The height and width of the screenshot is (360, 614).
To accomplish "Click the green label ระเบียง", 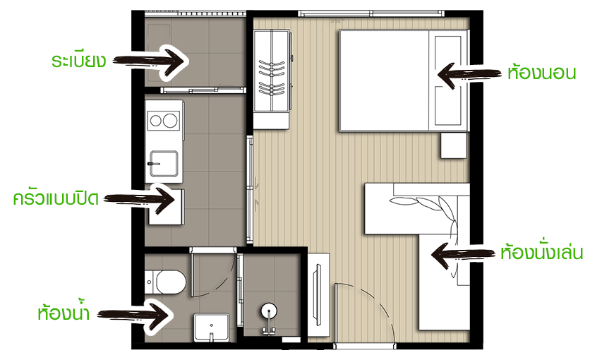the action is pyautogui.click(x=78, y=61).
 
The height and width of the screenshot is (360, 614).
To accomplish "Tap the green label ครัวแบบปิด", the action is pyautogui.click(x=56, y=198).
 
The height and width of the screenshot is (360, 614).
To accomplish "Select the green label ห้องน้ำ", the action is pyautogui.click(x=64, y=312).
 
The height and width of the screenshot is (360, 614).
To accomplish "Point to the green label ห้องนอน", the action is pyautogui.click(x=541, y=73).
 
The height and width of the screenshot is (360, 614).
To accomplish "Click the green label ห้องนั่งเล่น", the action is pyautogui.click(x=541, y=253).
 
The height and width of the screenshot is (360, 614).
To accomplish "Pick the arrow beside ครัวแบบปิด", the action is pyautogui.click(x=139, y=199).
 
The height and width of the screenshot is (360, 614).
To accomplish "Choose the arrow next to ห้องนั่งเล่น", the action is pyautogui.click(x=463, y=255).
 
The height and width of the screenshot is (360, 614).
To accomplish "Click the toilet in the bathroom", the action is pyautogui.click(x=166, y=281).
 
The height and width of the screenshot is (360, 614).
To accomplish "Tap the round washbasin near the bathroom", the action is pyautogui.click(x=269, y=311).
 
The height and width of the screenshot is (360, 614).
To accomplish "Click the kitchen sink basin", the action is pyautogui.click(x=164, y=164).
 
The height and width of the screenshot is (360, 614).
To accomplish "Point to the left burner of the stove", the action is pyautogui.click(x=156, y=121).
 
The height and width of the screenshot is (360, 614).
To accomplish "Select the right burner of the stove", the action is pyautogui.click(x=170, y=121).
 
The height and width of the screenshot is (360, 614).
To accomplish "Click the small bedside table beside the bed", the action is pyautogui.click(x=454, y=145).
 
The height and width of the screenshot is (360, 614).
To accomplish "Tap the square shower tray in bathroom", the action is pyautogui.click(x=212, y=327).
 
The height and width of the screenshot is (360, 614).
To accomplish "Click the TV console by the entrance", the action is pyautogui.click(x=318, y=294).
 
